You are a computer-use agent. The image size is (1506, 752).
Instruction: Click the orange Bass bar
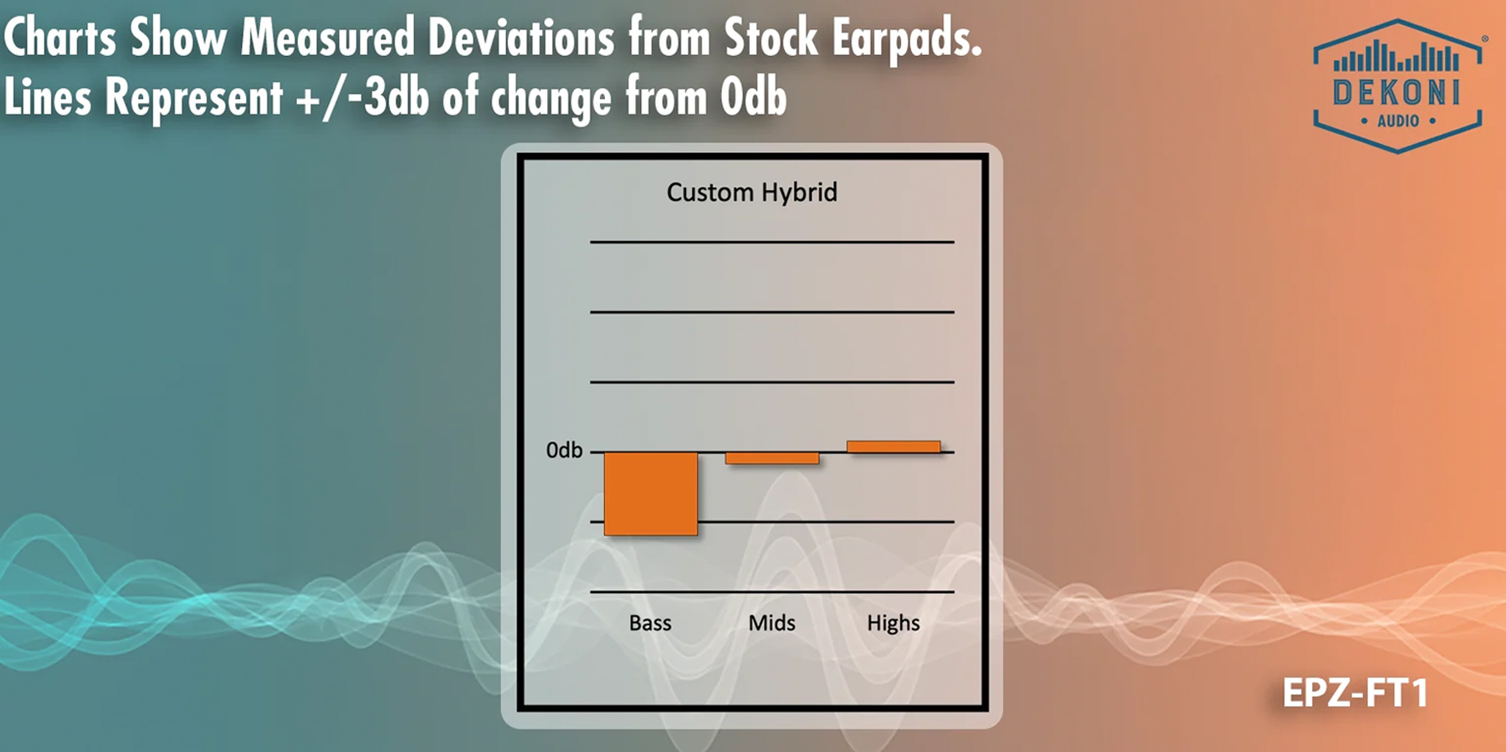[x=651, y=494]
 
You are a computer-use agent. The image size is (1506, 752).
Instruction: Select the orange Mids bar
[x=772, y=458]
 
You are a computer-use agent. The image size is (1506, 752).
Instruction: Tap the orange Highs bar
[x=894, y=447]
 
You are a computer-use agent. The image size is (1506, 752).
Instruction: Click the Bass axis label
[x=650, y=623]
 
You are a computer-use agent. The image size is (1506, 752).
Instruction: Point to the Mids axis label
[x=771, y=623]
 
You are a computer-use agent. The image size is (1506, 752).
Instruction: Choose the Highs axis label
[x=894, y=624]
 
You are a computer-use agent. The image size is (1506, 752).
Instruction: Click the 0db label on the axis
[x=564, y=451]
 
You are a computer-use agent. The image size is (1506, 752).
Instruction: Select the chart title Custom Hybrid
[x=752, y=193]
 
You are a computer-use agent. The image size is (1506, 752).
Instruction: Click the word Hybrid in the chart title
[x=798, y=193]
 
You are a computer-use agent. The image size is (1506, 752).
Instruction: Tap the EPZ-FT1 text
[x=1355, y=693]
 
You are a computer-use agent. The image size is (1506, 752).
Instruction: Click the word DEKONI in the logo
[x=1396, y=92]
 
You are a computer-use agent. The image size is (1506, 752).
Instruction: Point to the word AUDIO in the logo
[x=1398, y=121]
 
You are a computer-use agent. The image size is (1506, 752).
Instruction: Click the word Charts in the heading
[x=60, y=38]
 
